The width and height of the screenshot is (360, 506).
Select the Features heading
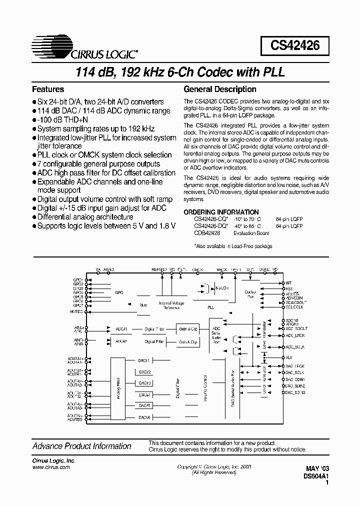[48, 89]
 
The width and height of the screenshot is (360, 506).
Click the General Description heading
[220, 89]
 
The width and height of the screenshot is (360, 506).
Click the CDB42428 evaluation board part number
[206, 233]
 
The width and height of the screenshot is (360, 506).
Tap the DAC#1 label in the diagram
[145, 360]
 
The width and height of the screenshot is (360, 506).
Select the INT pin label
[288, 283]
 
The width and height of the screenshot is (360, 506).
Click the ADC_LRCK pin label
[294, 335]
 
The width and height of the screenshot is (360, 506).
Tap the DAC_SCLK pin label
[295, 372]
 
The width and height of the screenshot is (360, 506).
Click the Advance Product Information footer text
[81, 446]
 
